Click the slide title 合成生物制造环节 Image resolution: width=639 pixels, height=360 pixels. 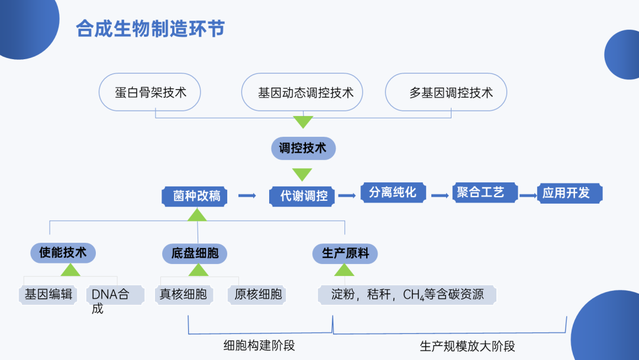click(150, 29)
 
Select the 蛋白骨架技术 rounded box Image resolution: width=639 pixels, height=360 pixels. click(150, 92)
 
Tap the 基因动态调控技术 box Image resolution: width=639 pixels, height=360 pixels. click(302, 92)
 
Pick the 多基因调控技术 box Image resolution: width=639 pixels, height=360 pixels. click(446, 92)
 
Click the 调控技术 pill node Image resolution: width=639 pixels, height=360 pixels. click(303, 148)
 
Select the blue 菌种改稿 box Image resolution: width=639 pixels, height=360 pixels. click(195, 196)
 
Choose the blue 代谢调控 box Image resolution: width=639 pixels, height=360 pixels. click(302, 196)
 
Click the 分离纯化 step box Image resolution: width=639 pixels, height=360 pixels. click(393, 192)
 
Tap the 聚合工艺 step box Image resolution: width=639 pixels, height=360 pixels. click(485, 192)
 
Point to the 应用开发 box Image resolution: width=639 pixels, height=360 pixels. click(570, 193)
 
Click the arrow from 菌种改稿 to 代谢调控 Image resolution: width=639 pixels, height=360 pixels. click(247, 196)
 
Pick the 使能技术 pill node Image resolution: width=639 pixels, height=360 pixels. click(63, 253)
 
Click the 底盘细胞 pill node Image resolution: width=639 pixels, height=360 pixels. click(195, 253)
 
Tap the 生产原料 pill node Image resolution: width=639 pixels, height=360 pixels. click(345, 253)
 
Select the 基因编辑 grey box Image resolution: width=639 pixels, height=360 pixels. click(48, 294)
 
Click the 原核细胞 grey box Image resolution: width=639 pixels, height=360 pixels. click(257, 294)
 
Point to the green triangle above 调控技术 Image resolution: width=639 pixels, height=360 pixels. click(303, 122)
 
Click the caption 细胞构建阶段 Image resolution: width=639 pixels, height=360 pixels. click(259, 346)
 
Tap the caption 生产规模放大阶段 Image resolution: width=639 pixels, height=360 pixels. click(467, 346)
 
